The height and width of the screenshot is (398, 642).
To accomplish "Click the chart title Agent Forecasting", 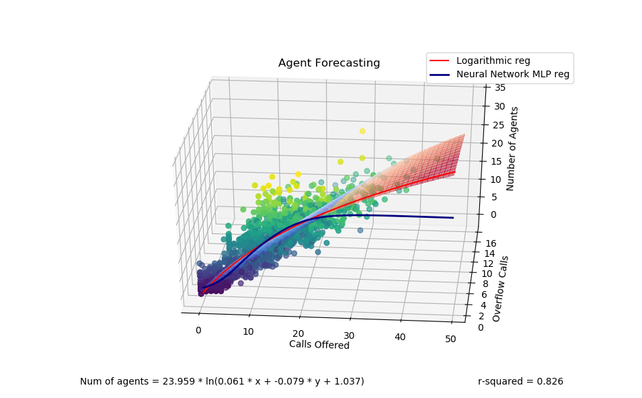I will (x=329, y=63).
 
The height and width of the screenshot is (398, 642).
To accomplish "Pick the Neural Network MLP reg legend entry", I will (x=513, y=75).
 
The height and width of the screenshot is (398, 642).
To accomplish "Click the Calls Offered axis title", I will (x=319, y=345).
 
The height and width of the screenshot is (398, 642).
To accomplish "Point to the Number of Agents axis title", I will (x=512, y=149).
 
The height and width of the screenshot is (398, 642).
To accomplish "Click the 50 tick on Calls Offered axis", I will (x=450, y=339).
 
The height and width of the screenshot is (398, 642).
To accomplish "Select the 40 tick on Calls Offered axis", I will (x=400, y=337).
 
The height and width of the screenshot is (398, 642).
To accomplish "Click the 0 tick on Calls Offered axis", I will (x=198, y=330).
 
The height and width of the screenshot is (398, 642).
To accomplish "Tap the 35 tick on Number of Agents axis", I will (x=500, y=87).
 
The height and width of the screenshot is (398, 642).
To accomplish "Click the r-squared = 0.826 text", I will (x=520, y=381).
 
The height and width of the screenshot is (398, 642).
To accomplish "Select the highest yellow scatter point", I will (x=362, y=131).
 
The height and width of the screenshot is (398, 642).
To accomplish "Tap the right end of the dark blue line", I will (x=452, y=218).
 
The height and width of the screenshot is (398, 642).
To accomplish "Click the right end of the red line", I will (x=454, y=173).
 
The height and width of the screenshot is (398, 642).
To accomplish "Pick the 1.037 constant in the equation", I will (x=348, y=381).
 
